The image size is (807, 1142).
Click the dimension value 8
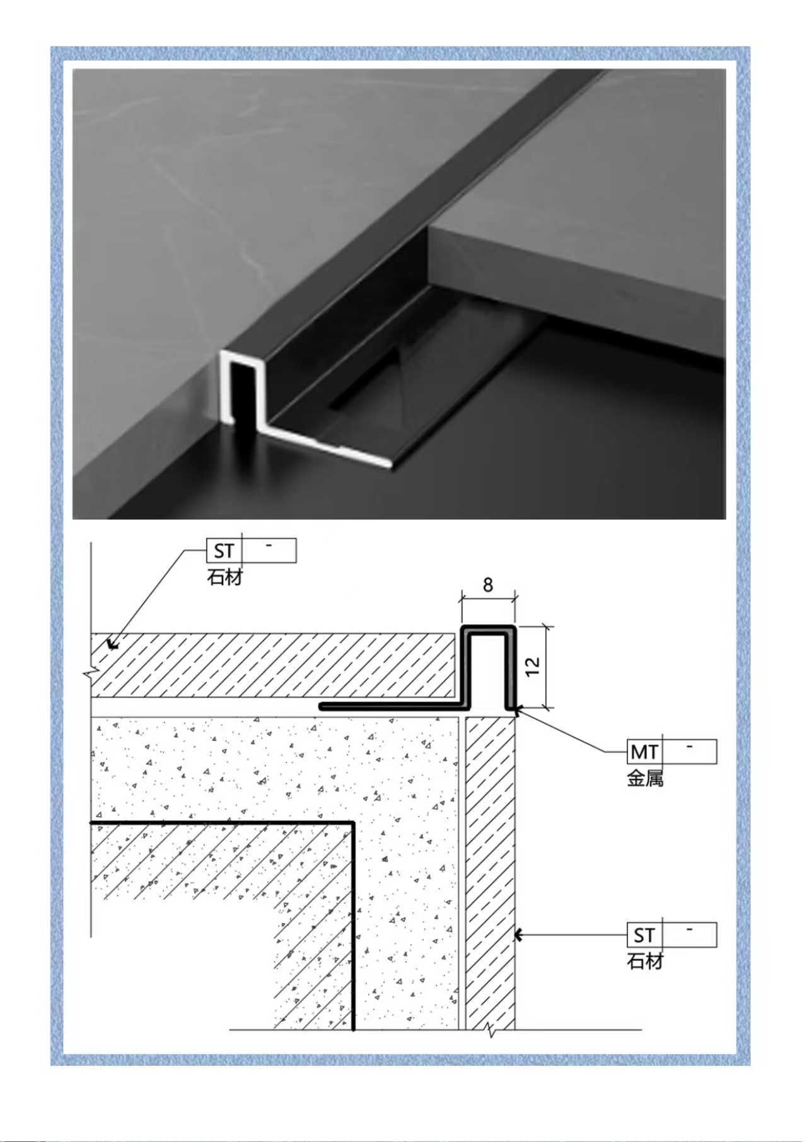point(488,585)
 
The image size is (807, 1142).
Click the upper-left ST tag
point(224,551)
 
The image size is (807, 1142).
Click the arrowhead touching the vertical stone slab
point(520,935)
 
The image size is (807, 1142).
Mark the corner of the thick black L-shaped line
point(353,823)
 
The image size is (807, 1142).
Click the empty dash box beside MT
point(690,751)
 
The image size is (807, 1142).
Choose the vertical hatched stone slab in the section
point(490,873)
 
